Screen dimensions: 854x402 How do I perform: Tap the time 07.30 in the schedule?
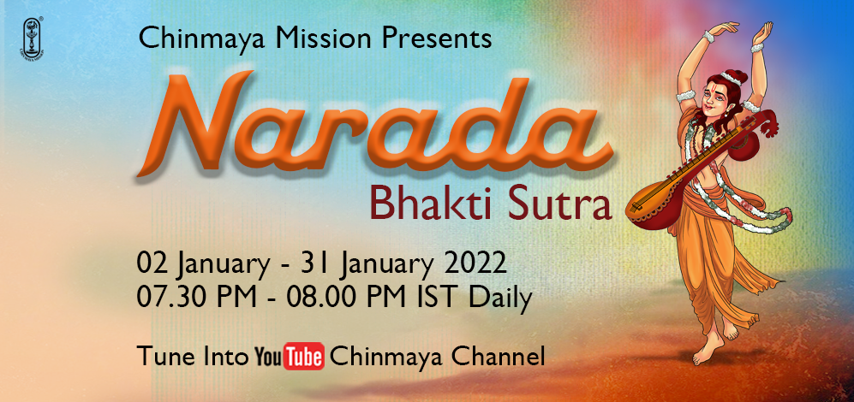point(171,298)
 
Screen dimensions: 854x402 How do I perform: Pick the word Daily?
point(501,299)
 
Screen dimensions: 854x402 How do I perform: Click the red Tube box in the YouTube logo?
point(304,357)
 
